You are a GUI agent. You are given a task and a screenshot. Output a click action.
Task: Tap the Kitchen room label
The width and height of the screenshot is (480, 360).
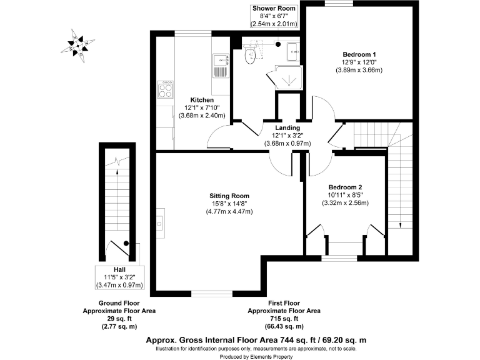pos(202,100)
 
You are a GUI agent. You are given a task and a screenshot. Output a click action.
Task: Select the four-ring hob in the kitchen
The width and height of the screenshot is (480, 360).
pos(166,92)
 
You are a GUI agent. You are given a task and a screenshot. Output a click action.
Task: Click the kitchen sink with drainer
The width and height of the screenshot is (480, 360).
pos(221,64)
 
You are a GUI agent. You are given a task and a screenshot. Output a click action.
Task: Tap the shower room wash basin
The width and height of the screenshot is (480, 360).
pos(292,49)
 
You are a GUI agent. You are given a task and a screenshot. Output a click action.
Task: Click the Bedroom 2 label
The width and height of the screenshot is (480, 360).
pos(346,187)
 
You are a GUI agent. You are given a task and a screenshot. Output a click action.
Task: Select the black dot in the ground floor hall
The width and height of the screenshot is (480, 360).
pos(126,242)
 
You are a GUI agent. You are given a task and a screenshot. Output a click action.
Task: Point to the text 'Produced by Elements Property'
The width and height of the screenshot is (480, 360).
pos(256,356)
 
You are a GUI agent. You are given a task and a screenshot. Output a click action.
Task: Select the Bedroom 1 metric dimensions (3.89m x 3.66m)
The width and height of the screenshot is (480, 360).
pos(359,70)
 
